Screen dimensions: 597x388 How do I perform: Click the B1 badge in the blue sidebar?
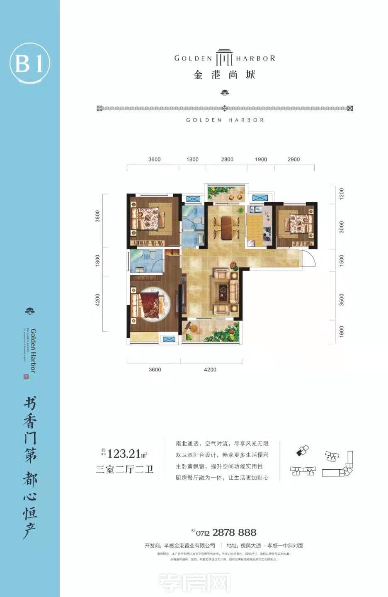click(x=29, y=63)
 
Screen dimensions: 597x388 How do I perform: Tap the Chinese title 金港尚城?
click(x=224, y=75)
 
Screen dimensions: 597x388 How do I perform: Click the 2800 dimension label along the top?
click(x=227, y=160)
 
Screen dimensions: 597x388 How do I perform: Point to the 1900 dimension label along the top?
click(x=261, y=160)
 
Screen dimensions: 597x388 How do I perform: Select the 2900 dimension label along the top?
click(x=293, y=160)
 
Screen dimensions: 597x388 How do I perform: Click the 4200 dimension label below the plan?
click(x=210, y=370)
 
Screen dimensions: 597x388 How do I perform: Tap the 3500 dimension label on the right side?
click(x=342, y=299)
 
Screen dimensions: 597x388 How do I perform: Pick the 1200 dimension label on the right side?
click(x=342, y=193)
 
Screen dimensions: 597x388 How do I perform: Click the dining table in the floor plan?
click(x=227, y=228)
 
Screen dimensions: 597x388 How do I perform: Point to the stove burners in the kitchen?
click(x=267, y=234)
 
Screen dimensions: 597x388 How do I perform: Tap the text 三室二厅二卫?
click(x=125, y=469)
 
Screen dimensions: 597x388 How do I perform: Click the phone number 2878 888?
click(x=234, y=533)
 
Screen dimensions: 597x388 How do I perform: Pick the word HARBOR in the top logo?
click(x=255, y=58)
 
